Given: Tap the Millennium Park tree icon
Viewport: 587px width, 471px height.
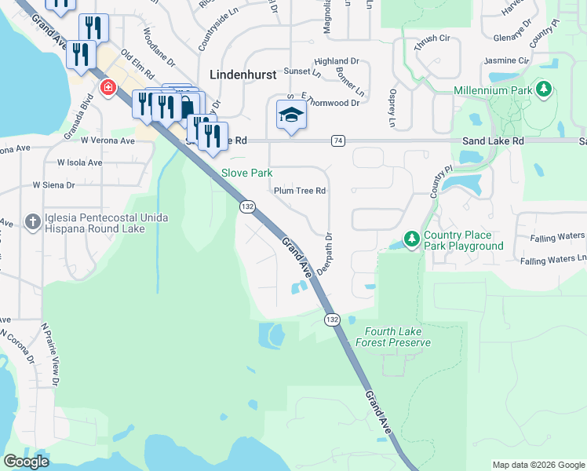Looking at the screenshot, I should pyautogui.click(x=544, y=90).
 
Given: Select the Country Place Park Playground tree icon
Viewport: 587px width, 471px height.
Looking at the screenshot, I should pyautogui.click(x=410, y=237).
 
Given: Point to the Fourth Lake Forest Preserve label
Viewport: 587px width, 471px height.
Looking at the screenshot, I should pyautogui.click(x=392, y=337).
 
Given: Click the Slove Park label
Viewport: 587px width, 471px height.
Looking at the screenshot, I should pyautogui.click(x=246, y=172).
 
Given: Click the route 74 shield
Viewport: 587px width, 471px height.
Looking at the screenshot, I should pyautogui.click(x=337, y=141).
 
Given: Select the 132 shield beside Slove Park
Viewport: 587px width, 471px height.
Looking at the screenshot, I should pyautogui.click(x=247, y=206).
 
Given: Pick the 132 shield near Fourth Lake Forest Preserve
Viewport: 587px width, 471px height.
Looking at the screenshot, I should pyautogui.click(x=332, y=319).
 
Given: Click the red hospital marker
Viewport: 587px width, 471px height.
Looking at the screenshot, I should pyautogui.click(x=105, y=87).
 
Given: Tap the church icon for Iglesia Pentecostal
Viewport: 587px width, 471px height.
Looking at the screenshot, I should pyautogui.click(x=32, y=221).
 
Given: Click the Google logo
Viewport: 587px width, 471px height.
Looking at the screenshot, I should pyautogui.click(x=26, y=461).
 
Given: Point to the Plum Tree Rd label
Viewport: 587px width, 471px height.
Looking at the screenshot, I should pyautogui.click(x=299, y=191).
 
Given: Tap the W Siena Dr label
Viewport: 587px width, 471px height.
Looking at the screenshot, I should pyautogui.click(x=53, y=185).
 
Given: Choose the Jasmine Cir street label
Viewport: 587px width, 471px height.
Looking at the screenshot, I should pyautogui.click(x=506, y=60).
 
